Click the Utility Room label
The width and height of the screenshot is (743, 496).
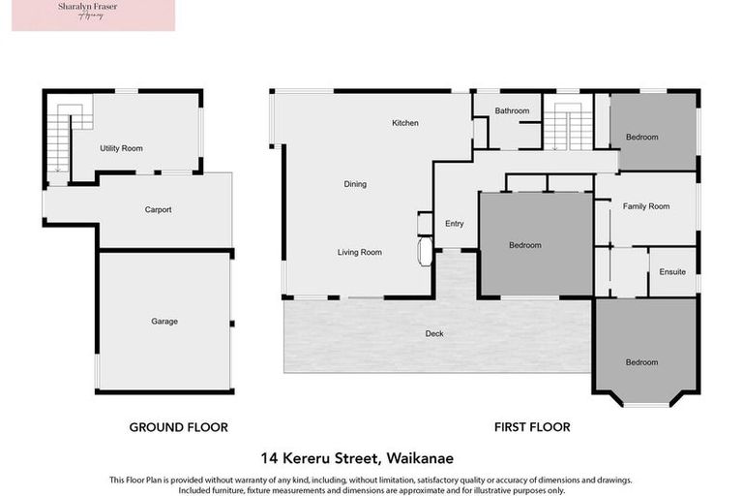(x=121, y=148)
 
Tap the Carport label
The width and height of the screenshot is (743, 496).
(x=158, y=209)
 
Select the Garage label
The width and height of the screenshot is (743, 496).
(x=164, y=321)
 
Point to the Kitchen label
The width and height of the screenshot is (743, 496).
(x=404, y=123)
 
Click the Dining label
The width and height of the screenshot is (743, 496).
(x=355, y=184)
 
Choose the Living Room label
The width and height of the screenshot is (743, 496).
(x=359, y=252)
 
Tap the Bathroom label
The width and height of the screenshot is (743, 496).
(x=512, y=110)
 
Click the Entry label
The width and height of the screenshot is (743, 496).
(x=455, y=224)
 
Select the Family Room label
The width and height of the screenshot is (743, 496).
(x=645, y=205)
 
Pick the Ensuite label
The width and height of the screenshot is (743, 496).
(x=672, y=272)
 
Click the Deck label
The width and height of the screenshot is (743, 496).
(x=434, y=333)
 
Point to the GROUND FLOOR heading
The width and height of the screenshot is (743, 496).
(x=179, y=426)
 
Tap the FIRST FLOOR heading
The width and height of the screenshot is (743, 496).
(x=532, y=426)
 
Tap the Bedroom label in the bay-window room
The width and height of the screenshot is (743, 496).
(x=641, y=362)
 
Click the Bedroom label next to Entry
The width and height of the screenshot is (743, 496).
(x=525, y=245)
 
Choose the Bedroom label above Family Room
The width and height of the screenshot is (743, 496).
(x=641, y=137)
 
